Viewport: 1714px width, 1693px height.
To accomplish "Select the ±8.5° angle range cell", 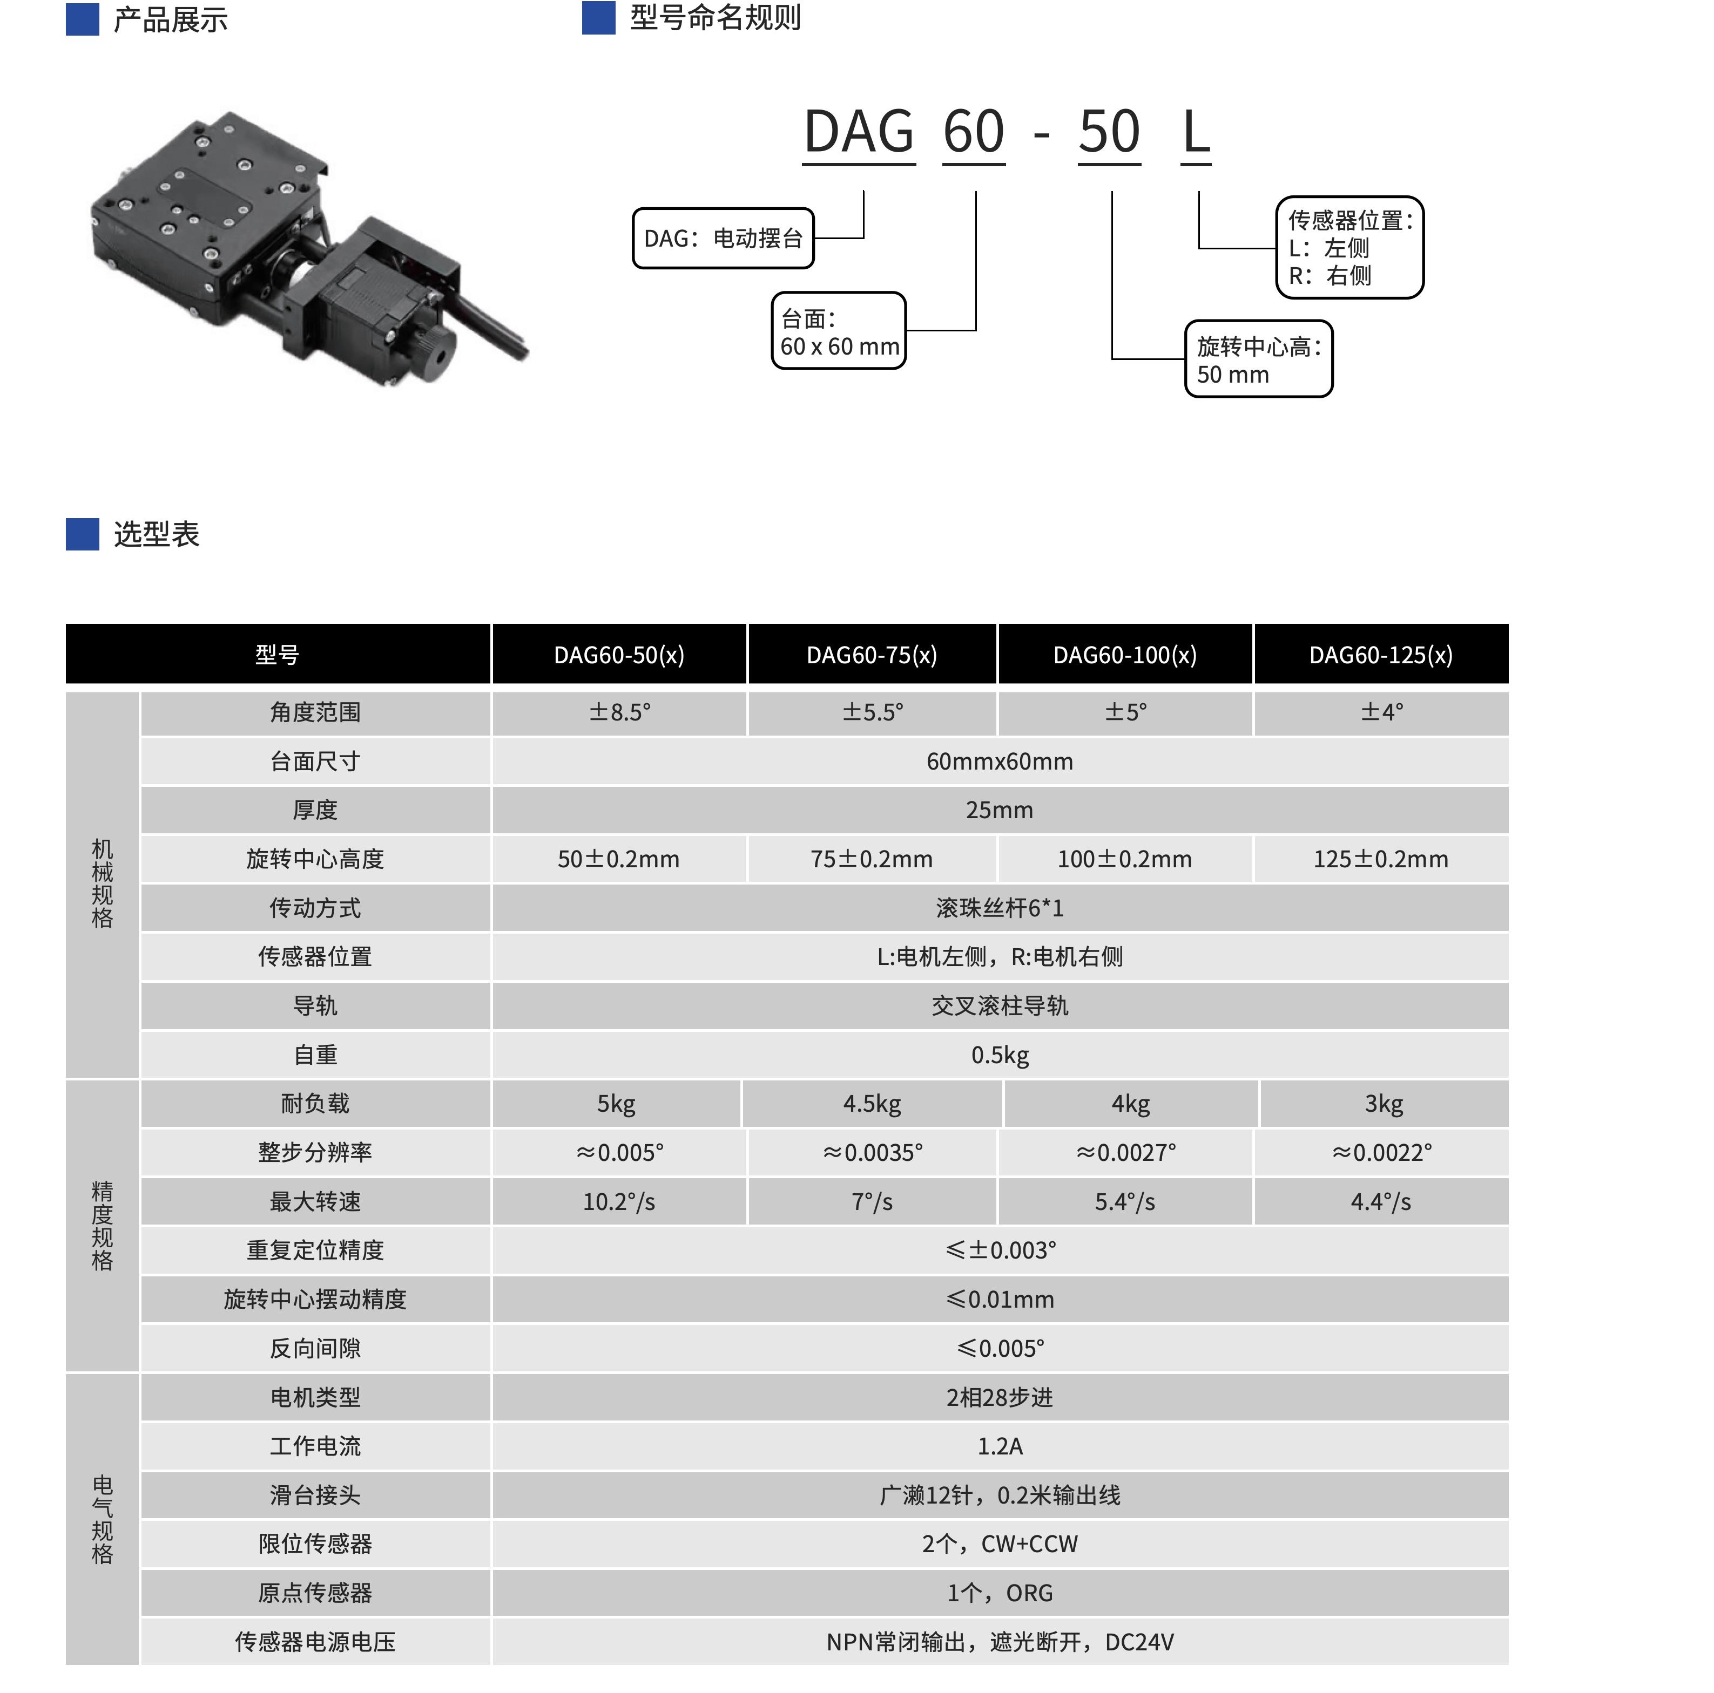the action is coord(619,712).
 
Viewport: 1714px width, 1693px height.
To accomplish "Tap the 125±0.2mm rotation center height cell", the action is coord(1380,859).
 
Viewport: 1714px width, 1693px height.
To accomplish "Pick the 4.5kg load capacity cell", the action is coord(872,1103).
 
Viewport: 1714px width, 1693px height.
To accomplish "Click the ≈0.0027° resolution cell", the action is coord(1125,1152).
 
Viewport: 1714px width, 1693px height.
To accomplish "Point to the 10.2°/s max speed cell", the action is coord(619,1202).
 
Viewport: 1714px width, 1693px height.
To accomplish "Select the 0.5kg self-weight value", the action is coord(1000,1055).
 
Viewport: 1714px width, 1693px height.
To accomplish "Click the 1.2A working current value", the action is coord(1000,1446).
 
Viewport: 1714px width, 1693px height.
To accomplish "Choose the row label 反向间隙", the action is coord(315,1348).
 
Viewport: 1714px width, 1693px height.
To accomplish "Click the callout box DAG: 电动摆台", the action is coord(723,237).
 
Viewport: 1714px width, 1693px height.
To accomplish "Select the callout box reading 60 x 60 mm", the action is coord(838,331).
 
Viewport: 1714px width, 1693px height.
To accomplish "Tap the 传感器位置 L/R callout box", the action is coord(1349,247).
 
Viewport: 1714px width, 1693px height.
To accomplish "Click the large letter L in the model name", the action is coord(1196,132).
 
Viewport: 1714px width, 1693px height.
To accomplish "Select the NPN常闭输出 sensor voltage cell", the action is coord(1000,1642).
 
